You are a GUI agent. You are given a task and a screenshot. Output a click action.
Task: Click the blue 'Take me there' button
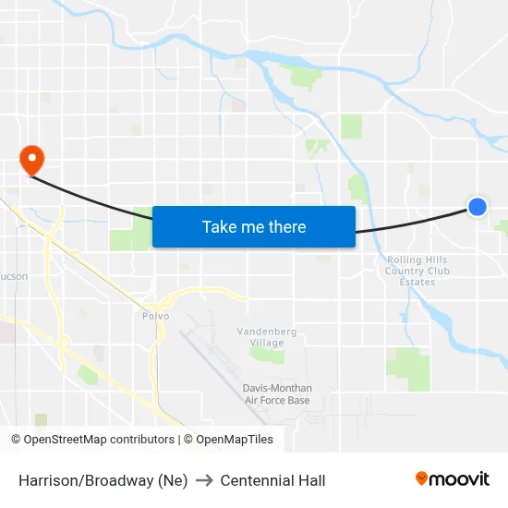(x=253, y=226)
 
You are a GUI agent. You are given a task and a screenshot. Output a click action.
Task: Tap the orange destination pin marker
(x=32, y=159)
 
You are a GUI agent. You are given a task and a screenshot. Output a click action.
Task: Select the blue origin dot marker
(x=477, y=207)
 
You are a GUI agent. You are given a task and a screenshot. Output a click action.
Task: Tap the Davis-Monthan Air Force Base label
(x=277, y=394)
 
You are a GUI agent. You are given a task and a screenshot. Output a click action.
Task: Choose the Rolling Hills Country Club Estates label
(x=417, y=272)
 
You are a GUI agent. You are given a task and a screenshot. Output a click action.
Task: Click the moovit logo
(x=452, y=479)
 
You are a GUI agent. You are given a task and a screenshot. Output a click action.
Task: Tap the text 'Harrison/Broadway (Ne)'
(x=103, y=480)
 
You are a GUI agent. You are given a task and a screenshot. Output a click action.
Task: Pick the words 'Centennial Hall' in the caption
(x=272, y=480)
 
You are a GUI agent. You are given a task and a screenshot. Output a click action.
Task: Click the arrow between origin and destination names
(x=204, y=480)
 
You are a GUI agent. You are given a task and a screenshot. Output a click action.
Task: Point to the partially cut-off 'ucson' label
(x=14, y=276)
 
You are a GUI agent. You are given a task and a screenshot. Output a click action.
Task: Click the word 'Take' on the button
(x=220, y=226)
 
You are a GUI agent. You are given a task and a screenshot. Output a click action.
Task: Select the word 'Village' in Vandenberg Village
(x=267, y=343)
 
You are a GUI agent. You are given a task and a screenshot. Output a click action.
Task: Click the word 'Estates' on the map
(x=417, y=283)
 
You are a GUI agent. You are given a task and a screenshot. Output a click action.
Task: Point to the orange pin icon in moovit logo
(x=422, y=478)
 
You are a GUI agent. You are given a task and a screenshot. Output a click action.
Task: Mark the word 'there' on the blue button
(x=285, y=226)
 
